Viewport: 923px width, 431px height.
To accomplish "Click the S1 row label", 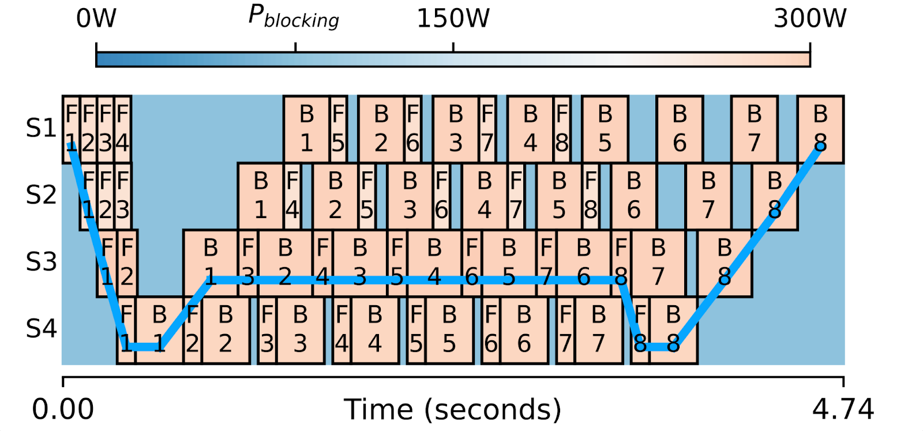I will (x=41, y=128).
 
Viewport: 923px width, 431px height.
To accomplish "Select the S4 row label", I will (x=41, y=329).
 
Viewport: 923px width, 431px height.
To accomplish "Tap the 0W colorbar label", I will (x=96, y=18).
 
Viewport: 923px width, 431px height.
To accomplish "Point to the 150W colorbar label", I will (x=453, y=18).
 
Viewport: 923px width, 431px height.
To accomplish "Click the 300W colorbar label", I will (x=809, y=18).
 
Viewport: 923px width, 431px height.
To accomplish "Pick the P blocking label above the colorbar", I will (x=294, y=17).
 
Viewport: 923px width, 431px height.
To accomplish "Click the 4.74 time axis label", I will (x=843, y=410).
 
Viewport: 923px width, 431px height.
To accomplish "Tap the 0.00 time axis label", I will (x=63, y=410).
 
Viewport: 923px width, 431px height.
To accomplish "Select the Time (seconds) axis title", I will (x=453, y=410).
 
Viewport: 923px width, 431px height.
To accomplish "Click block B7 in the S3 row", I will (x=658, y=263).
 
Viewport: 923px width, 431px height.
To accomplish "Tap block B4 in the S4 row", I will (x=375, y=330).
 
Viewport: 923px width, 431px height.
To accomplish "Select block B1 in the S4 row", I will (x=159, y=330).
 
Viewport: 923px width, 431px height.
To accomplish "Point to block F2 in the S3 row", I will (x=127, y=263).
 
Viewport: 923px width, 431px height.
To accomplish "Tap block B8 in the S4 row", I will (x=673, y=330).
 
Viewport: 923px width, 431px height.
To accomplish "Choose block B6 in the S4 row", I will (x=524, y=330).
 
